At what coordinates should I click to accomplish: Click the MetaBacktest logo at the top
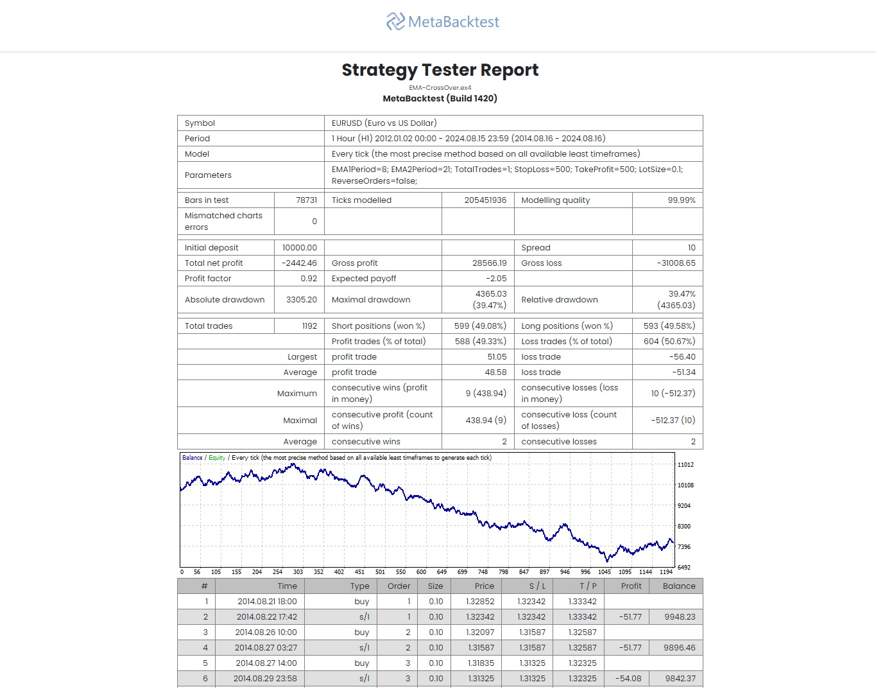click(442, 22)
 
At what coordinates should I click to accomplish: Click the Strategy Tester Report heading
click(440, 70)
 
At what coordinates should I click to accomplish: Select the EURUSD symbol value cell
click(384, 123)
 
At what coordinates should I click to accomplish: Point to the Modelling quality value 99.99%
click(681, 200)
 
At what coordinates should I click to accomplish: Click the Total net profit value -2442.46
click(299, 263)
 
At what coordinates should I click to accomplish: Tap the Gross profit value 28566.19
click(489, 263)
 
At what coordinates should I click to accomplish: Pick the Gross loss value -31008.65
click(676, 263)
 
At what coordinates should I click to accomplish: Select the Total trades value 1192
click(309, 326)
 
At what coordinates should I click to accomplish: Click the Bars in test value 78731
click(306, 200)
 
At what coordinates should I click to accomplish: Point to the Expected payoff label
click(364, 279)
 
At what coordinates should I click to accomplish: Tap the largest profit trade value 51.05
click(497, 357)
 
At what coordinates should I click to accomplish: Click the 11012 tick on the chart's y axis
click(685, 465)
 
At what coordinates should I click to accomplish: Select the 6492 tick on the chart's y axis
click(684, 568)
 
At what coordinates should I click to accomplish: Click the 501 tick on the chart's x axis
click(380, 572)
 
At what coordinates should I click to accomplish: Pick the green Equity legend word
click(217, 458)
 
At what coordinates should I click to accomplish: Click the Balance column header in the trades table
click(679, 586)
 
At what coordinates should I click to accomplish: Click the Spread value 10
click(691, 248)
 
